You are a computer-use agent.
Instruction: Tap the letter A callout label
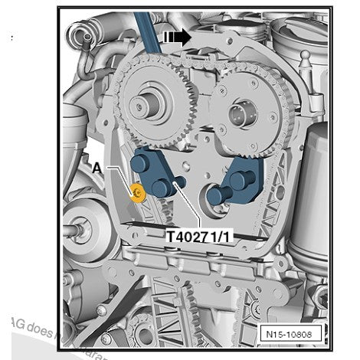click(x=97, y=165)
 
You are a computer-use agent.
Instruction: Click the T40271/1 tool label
click(x=199, y=237)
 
